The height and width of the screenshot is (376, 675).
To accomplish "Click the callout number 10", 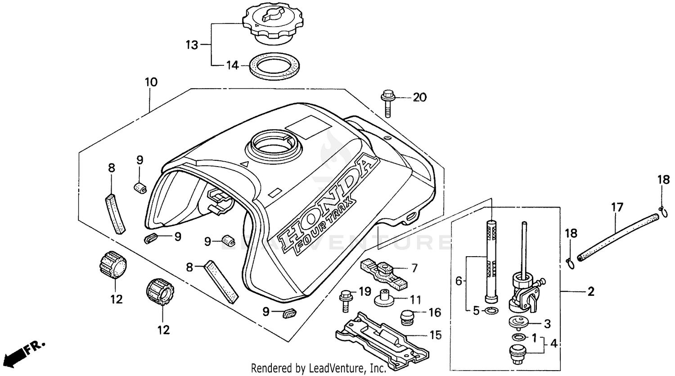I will tap(151, 82).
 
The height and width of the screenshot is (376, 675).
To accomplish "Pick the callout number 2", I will tap(591, 292).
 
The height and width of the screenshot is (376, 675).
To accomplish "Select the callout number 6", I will tap(459, 281).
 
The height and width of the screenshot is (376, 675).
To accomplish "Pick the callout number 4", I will tap(553, 344).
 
